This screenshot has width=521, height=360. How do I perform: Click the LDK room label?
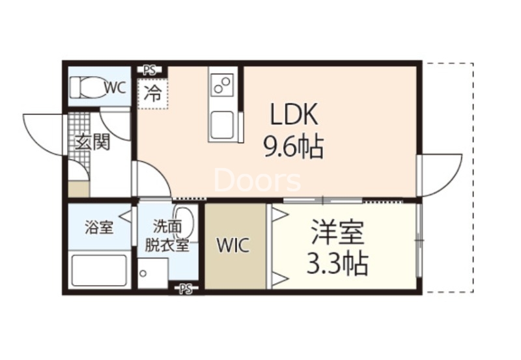click(294, 115)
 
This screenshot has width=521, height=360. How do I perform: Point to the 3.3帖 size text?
click(337, 264)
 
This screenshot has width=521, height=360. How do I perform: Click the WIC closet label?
click(232, 245)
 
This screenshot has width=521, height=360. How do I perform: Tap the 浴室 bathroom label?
click(99, 228)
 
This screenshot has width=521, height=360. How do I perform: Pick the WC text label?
click(115, 87)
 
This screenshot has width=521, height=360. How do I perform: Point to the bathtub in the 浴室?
click(99, 270)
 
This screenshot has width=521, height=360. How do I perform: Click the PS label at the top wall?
click(150, 68)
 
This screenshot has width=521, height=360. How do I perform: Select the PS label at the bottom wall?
click(186, 288)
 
